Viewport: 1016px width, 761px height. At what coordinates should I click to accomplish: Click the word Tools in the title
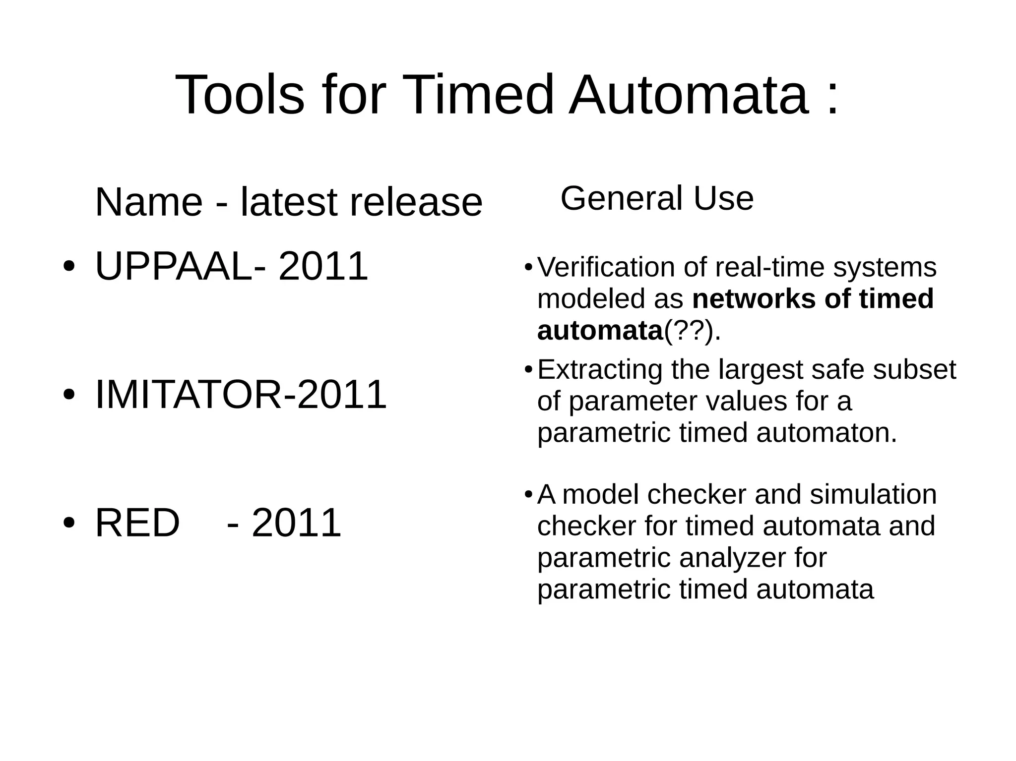(x=240, y=94)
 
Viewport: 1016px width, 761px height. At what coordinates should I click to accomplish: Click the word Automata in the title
(x=689, y=94)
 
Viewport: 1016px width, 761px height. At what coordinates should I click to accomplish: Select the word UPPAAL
(x=174, y=266)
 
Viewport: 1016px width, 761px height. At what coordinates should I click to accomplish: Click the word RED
(x=137, y=523)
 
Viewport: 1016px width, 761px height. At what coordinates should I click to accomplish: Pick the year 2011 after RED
(x=296, y=523)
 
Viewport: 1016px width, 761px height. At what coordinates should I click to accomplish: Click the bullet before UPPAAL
(x=69, y=266)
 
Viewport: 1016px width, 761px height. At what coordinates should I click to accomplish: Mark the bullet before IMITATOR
(x=69, y=394)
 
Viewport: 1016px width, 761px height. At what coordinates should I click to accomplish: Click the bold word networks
(x=754, y=299)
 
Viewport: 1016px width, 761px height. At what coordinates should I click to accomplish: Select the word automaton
(x=826, y=433)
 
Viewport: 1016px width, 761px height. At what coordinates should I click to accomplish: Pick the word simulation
(x=873, y=494)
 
